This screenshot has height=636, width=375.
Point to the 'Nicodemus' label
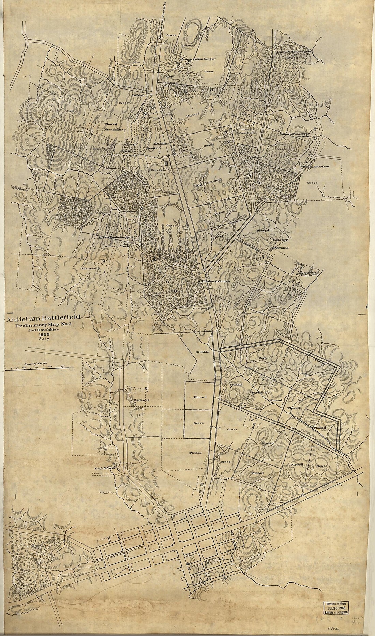(114, 130)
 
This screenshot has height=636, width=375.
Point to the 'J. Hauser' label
(88, 268)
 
